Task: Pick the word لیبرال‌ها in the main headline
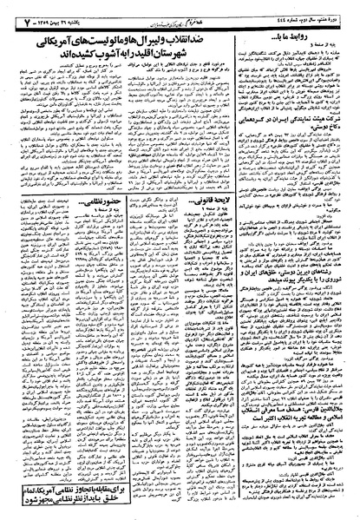click(178, 38)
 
